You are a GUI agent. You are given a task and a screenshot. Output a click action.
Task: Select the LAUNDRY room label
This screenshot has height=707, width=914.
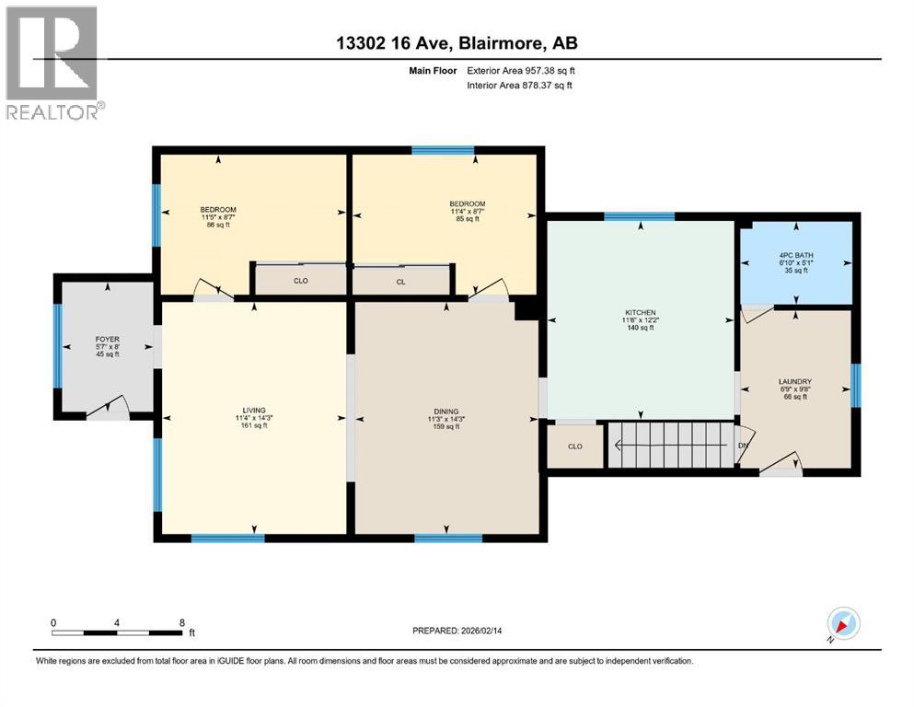pos(794,381)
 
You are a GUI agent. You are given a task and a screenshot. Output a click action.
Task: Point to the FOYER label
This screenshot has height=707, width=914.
pos(108,339)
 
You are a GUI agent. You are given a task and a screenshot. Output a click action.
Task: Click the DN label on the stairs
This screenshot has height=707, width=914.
pos(744,446)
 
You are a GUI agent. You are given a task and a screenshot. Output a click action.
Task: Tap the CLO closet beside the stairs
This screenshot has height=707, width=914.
pos(574,446)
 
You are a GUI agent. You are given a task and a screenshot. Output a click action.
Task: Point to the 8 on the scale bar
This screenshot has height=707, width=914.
pos(181,621)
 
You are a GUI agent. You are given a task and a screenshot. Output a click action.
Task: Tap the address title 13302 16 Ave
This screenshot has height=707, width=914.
pos(456,42)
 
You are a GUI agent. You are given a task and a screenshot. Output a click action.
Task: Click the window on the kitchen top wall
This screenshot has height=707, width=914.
pos(639,217)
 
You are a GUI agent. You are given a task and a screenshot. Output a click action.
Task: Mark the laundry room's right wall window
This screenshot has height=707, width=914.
pos(856,385)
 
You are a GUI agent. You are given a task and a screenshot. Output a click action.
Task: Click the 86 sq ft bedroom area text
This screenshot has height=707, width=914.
pos(218,226)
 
